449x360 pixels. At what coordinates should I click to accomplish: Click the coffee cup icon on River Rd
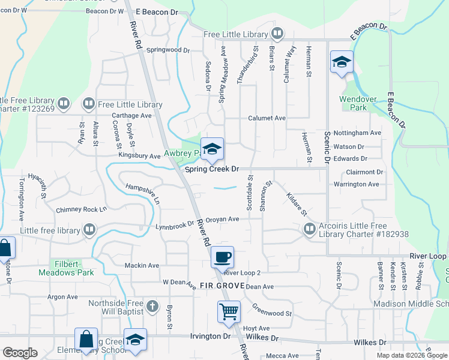pyautogui.click(x=222, y=257)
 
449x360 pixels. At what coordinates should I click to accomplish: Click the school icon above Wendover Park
pyautogui.click(x=342, y=62)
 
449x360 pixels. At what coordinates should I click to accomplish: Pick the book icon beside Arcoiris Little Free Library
pyautogui.click(x=309, y=229)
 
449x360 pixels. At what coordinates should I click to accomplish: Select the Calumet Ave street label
pyautogui.click(x=267, y=118)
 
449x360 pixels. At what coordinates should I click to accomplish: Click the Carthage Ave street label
pyautogui.click(x=131, y=115)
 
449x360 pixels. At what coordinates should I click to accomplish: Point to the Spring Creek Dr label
pyautogui.click(x=211, y=170)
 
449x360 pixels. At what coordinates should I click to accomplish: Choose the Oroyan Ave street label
pyautogui.click(x=222, y=220)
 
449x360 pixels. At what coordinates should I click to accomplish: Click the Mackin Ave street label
pyautogui.click(x=142, y=265)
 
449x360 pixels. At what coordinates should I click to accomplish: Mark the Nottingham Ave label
pyautogui.click(x=361, y=133)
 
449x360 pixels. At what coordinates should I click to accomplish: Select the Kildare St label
pyautogui.click(x=297, y=205)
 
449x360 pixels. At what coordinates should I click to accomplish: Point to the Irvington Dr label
pyautogui.click(x=210, y=336)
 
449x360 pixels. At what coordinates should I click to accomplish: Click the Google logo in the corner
pyautogui.click(x=19, y=353)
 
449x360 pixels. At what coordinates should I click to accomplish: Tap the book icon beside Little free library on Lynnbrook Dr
pyautogui.click(x=89, y=229)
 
